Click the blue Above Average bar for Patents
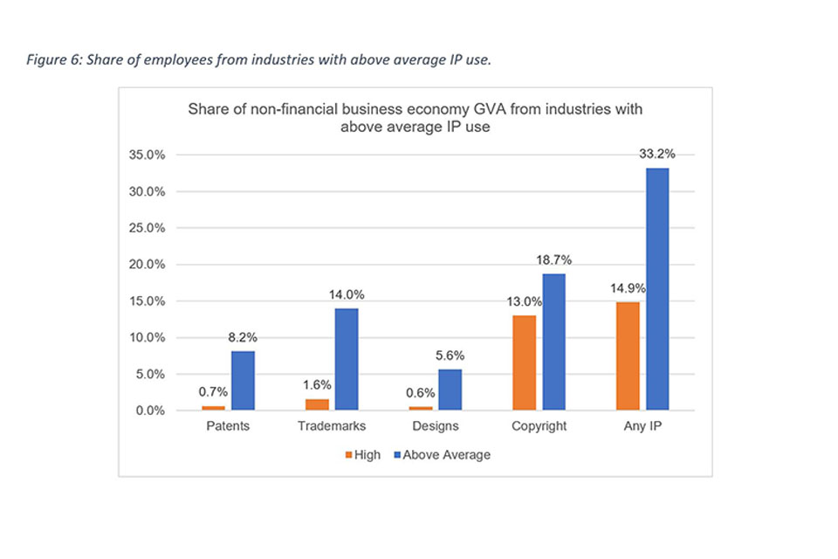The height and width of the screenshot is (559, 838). (243, 381)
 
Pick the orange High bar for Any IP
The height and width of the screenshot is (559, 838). (628, 355)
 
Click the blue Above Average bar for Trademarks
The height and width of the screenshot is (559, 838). (346, 359)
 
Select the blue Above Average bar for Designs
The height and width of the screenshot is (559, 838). (449, 390)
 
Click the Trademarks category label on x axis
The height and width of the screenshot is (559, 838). (332, 426)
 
